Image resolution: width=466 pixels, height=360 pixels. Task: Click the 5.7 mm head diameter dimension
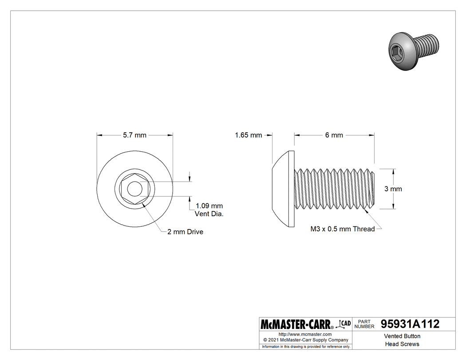134,135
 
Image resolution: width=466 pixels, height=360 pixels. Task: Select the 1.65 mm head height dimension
248,135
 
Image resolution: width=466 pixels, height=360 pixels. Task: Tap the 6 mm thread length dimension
334,135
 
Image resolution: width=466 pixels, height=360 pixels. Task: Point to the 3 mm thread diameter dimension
393,189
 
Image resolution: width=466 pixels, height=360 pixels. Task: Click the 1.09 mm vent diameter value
209,206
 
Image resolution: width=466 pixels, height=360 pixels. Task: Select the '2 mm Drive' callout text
185,232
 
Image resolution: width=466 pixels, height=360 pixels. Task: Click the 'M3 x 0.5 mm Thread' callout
342,229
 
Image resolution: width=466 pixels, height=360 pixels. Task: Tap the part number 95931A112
410,324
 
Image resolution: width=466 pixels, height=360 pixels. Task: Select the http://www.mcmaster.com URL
305,334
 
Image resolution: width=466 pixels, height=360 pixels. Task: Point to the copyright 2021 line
305,340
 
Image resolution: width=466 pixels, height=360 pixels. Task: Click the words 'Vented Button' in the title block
402,336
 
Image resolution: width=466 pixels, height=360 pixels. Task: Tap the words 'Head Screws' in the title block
402,344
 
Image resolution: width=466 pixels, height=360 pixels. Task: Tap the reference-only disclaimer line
306,346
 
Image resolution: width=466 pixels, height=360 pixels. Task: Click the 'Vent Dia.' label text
209,214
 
